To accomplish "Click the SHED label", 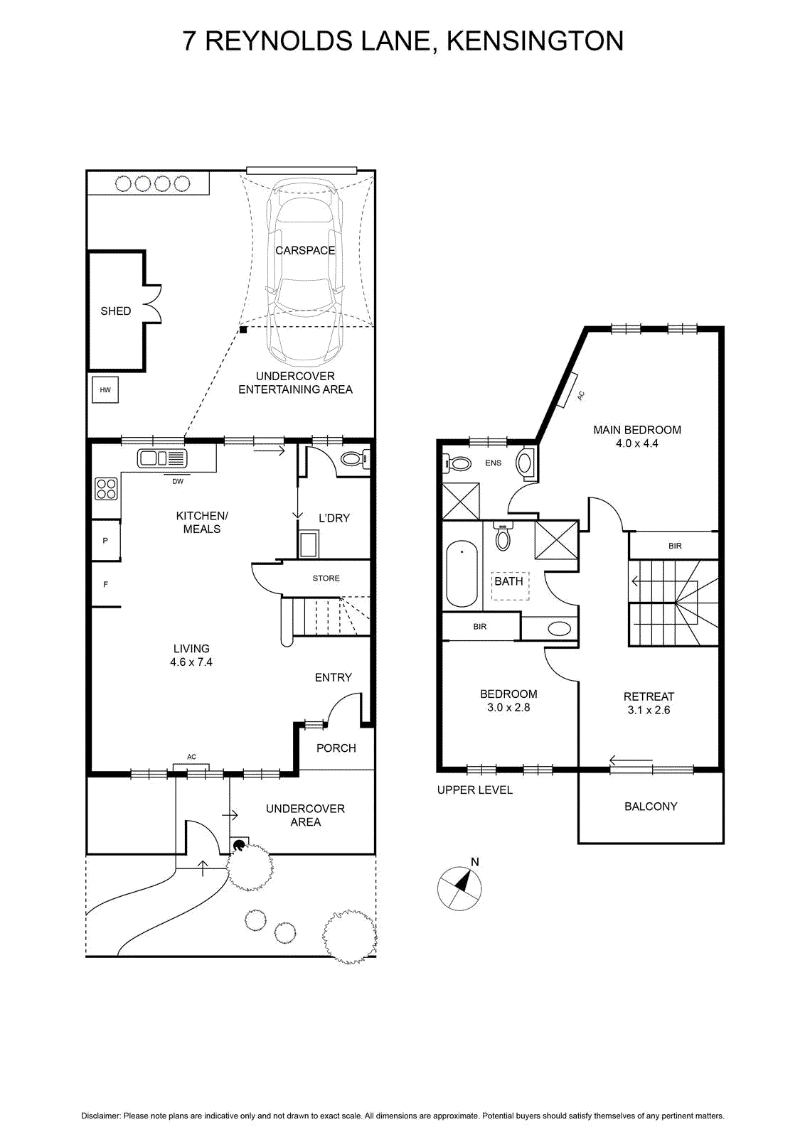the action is point(116,311).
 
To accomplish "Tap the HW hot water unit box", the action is point(105,390).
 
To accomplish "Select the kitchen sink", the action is point(162,458).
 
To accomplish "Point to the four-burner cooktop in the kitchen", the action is point(106,489).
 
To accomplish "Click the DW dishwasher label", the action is point(178,481).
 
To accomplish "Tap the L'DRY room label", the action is point(334,518).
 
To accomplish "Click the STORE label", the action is point(326,578).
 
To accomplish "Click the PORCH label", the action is point(336,748).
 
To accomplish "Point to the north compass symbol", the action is point(459,888).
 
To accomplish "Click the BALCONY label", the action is point(651,807).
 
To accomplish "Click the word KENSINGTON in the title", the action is point(535,41).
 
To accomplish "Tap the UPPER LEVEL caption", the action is point(475,790).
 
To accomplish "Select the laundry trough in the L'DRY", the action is point(309,544).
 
